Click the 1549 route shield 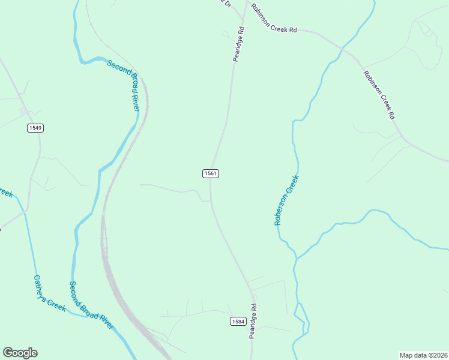35,128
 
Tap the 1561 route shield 210,173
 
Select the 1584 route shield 238,322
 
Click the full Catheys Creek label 49,293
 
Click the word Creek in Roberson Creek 293,183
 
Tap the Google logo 20,353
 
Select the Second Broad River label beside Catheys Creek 91,305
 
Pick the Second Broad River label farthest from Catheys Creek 123,85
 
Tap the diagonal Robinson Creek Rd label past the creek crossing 379,94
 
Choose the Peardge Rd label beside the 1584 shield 253,321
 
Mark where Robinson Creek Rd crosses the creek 342,47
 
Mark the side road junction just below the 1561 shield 210,201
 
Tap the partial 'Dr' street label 226,4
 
